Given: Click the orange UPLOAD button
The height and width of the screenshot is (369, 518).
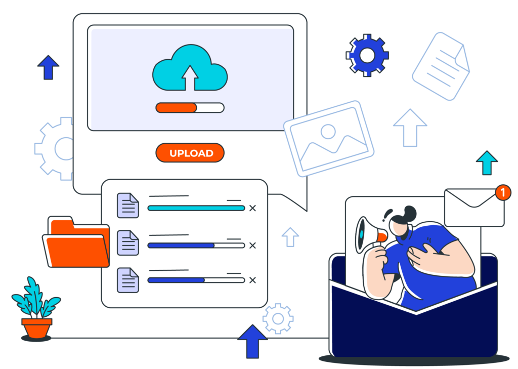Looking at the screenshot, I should [190, 153].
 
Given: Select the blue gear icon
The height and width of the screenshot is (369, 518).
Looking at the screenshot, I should [368, 56].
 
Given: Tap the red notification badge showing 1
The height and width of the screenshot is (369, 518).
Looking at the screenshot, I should [502, 192].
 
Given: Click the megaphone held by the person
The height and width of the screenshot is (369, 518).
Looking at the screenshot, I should [369, 234].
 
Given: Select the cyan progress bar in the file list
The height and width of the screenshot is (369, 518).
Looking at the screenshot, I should [196, 208].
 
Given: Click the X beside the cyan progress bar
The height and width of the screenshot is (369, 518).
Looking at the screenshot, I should [253, 208].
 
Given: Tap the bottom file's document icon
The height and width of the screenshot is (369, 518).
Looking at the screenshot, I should [128, 280].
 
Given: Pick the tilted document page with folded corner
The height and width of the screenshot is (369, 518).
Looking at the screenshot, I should [441, 66].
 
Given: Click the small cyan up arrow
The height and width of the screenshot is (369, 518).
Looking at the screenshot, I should [487, 163].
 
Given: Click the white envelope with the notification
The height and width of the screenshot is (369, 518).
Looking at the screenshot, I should [473, 208].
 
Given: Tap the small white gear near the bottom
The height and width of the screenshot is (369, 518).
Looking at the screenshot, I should [278, 318].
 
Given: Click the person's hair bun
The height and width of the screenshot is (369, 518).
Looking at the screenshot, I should [409, 212].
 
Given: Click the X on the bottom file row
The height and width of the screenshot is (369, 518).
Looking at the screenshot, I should [253, 280].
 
